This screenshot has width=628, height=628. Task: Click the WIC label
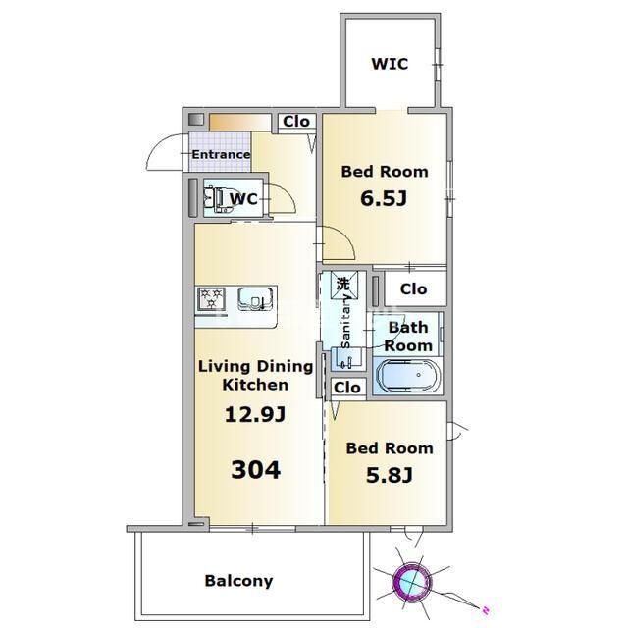click(390, 64)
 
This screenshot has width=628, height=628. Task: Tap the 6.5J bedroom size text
click(384, 198)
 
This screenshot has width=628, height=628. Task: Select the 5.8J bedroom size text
click(390, 475)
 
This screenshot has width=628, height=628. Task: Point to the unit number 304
click(256, 469)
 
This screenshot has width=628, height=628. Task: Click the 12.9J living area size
click(255, 414)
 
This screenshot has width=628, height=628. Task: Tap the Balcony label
click(238, 581)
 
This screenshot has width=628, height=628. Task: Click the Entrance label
click(221, 154)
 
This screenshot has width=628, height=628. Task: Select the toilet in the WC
click(218, 199)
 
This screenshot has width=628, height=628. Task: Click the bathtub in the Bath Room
click(408, 376)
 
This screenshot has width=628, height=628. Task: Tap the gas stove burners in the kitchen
click(211, 298)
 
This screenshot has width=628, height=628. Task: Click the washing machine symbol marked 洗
click(343, 284)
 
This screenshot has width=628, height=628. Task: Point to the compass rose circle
click(411, 580)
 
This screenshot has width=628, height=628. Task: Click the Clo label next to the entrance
click(296, 121)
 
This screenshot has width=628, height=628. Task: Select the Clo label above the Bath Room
click(413, 288)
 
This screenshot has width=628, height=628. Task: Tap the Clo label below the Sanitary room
click(346, 388)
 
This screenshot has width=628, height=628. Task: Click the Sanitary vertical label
click(345, 323)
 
